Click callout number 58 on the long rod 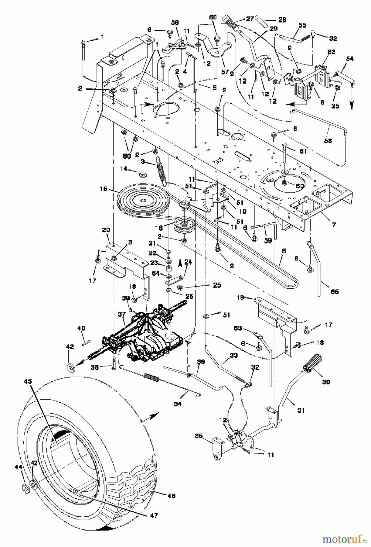click(x=328, y=141)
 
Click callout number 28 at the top click(x=282, y=20)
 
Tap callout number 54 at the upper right click(x=350, y=59)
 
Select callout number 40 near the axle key click(x=81, y=328)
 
